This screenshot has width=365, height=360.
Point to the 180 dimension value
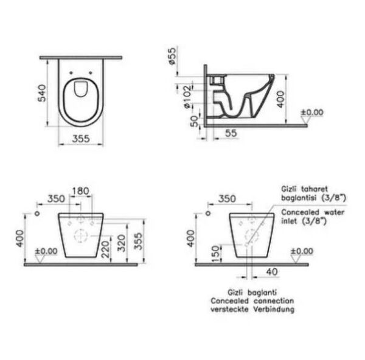tap(80, 192)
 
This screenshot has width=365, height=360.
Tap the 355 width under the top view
tap(82, 139)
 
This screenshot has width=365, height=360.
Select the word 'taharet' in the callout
tap(314, 189)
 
